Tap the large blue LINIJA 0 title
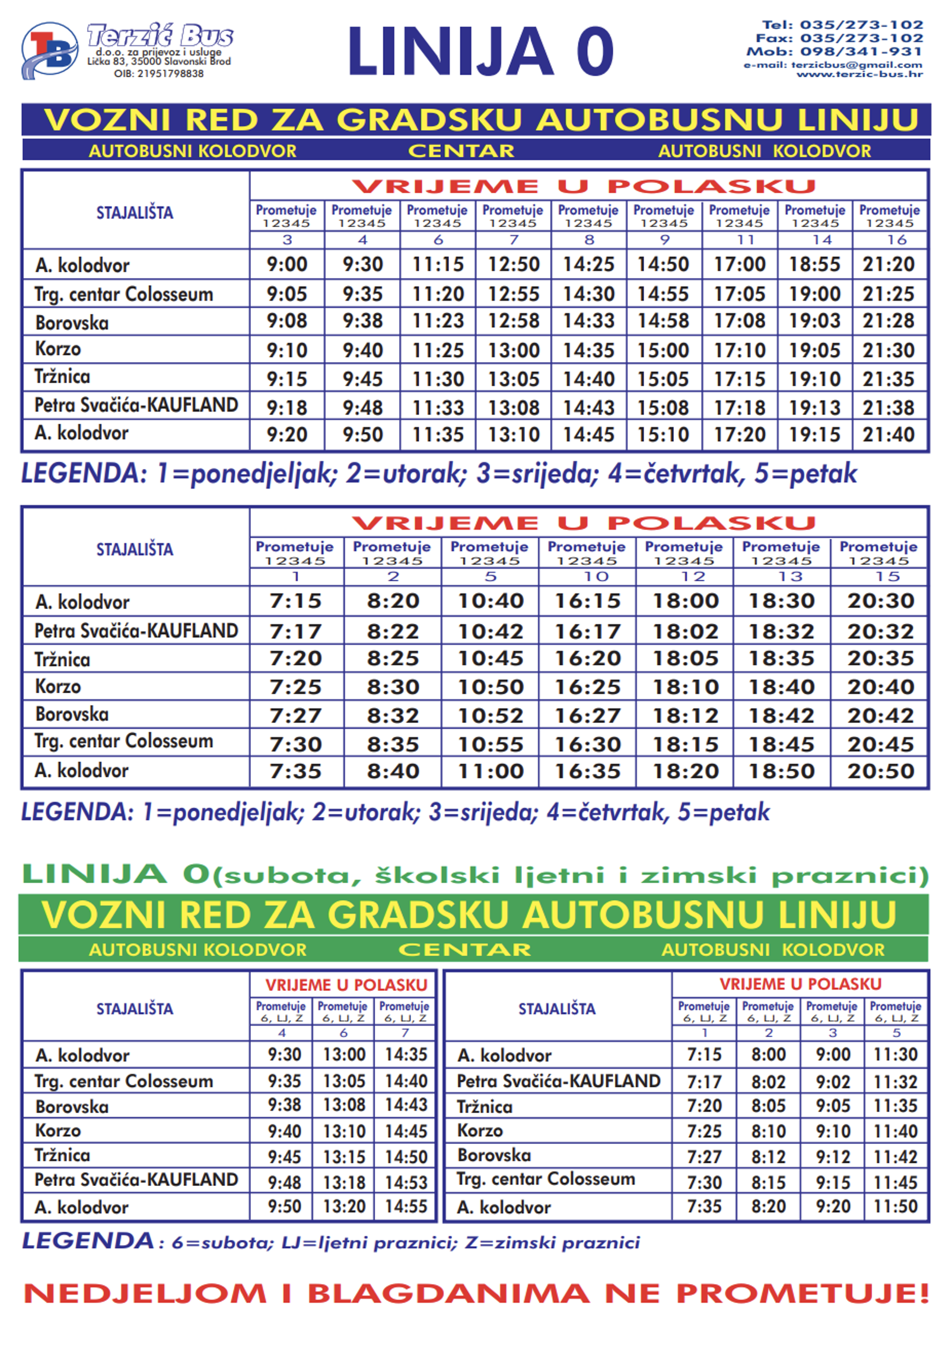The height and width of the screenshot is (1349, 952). point(480,52)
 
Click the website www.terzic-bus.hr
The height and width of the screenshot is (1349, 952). point(859,75)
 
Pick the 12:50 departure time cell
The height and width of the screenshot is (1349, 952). point(513,264)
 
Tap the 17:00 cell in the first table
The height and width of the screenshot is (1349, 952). point(739,264)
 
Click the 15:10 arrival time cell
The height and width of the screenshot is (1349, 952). point(663,435)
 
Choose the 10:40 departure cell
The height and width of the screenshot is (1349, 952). point(490,601)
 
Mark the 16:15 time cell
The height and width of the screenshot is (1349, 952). point(587,601)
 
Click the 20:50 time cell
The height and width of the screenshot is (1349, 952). point(880,771)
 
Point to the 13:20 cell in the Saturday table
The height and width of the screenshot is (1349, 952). point(344,1207)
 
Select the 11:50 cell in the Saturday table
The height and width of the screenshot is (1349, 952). point(895,1207)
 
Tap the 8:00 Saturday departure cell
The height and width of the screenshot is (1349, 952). point(768,1055)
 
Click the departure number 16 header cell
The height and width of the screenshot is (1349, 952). point(896,240)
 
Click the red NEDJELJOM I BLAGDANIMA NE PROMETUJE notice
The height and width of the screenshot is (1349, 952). point(476,1293)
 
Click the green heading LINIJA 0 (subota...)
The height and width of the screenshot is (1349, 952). point(475,875)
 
